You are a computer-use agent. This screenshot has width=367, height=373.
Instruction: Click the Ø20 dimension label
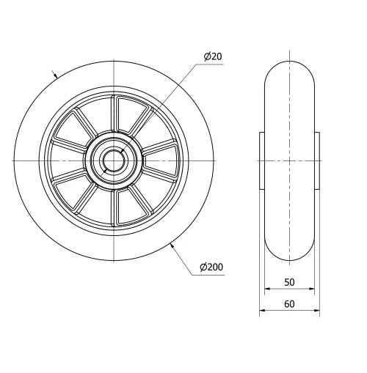[212, 56]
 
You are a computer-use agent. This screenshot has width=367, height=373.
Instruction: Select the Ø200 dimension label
[211, 267]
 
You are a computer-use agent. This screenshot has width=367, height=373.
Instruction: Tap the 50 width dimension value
[289, 282]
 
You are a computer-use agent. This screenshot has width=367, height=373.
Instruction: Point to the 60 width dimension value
[289, 304]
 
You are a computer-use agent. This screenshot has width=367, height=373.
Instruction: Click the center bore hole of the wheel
[114, 160]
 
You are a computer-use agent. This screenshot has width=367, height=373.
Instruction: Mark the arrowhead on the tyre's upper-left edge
[56, 75]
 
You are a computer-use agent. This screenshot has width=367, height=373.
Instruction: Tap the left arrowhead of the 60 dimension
[262, 311]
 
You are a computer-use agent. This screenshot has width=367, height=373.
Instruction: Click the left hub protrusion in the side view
[262, 160]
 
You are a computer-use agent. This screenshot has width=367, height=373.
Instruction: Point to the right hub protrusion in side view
[317, 160]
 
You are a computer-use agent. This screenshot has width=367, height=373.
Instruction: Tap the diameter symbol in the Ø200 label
[203, 267]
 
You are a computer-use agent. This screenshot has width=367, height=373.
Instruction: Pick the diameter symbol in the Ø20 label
[207, 56]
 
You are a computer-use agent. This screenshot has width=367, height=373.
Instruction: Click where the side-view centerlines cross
[289, 160]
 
